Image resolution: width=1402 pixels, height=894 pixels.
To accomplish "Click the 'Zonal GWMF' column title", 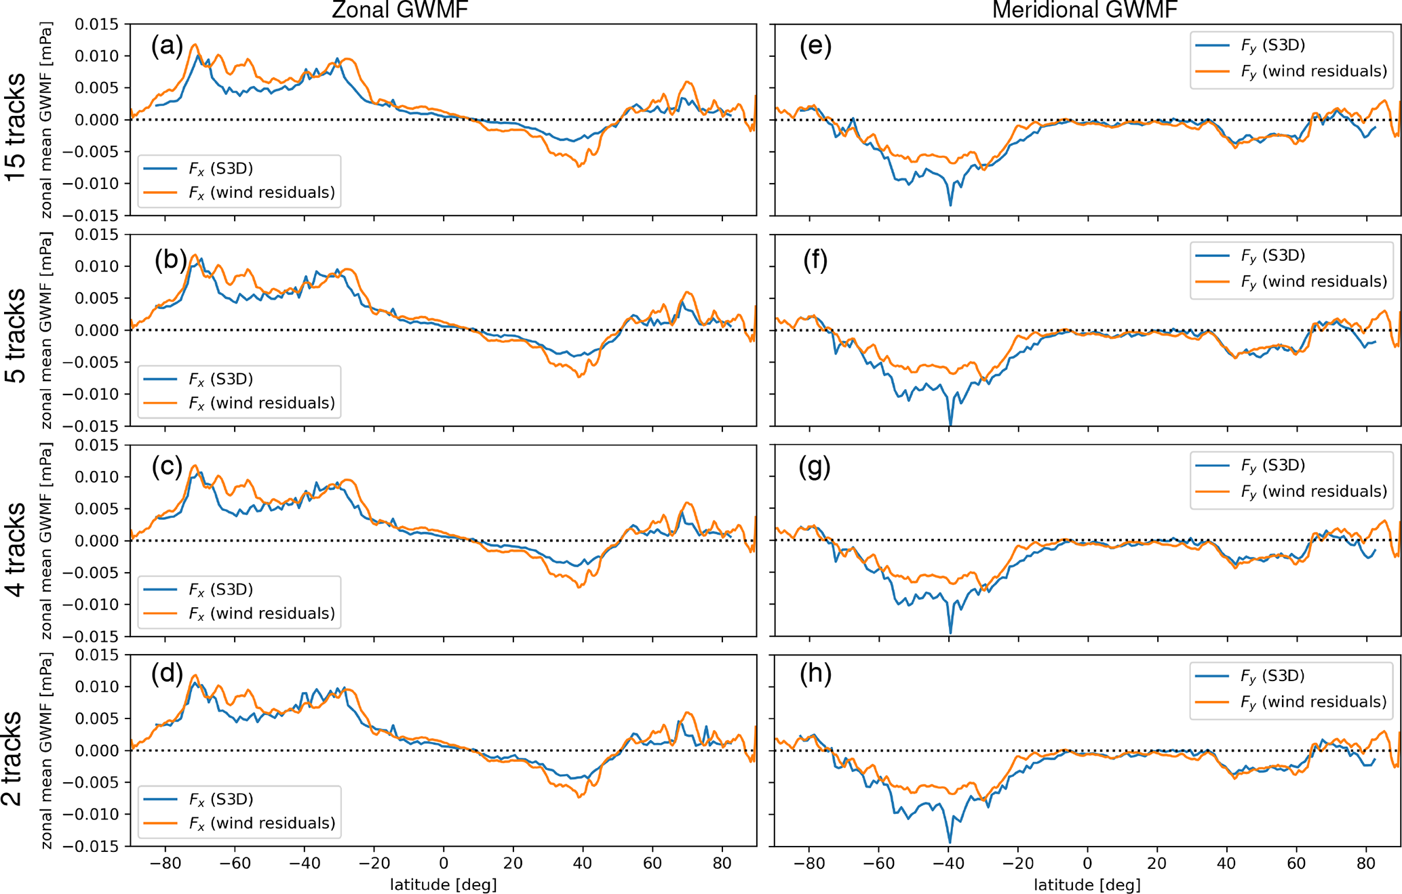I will [x=400, y=9].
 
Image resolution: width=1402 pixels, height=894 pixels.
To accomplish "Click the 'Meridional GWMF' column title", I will [x=1085, y=9].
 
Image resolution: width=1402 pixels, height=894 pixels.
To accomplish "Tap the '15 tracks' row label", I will [x=15, y=126].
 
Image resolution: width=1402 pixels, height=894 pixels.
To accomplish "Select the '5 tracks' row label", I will [x=15, y=336].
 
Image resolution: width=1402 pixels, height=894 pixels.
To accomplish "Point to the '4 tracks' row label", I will [x=15, y=549].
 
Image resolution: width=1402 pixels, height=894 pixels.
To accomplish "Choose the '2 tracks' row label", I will [x=12, y=758].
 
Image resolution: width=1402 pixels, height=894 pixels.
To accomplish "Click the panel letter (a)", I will [x=168, y=46].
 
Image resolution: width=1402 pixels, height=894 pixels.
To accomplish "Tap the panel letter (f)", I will [x=815, y=260].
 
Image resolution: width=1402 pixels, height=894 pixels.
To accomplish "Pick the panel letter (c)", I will [x=168, y=466].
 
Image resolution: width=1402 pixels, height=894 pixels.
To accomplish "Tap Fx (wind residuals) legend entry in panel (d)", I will [x=262, y=823].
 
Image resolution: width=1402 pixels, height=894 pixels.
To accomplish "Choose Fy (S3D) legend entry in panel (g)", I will [x=1273, y=466].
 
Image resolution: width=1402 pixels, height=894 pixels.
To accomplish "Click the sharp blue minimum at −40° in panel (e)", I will [x=950, y=204].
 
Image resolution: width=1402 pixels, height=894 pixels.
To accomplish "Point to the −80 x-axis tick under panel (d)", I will [x=165, y=863].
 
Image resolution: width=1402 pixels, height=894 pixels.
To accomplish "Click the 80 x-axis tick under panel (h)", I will [x=1366, y=863].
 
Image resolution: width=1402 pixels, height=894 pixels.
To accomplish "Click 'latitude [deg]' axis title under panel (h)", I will [x=1087, y=885].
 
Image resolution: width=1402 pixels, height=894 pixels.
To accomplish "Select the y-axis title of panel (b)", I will [x=46, y=330].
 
